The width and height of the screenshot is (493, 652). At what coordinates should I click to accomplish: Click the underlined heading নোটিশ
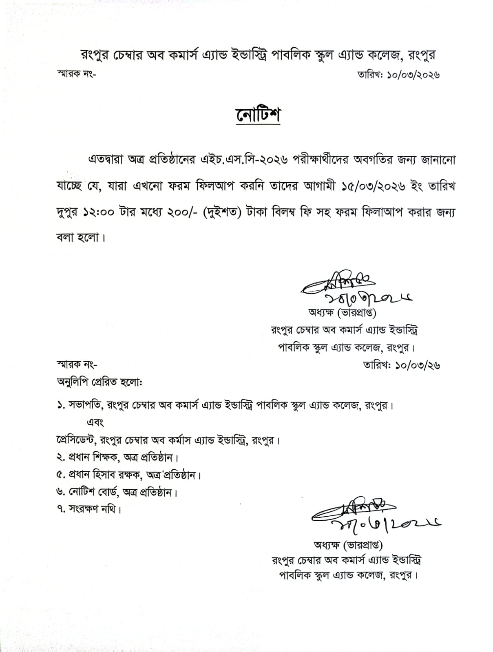coord(258,115)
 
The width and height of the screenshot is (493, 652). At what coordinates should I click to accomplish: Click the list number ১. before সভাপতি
coord(61,406)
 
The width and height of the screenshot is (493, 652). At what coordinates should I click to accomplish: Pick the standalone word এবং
coord(95,422)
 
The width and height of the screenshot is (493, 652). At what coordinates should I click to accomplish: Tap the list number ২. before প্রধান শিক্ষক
coord(61,458)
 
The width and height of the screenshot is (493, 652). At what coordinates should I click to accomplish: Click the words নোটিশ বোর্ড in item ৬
coord(93,492)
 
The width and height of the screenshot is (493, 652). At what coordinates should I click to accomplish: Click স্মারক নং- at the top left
coord(76,75)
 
